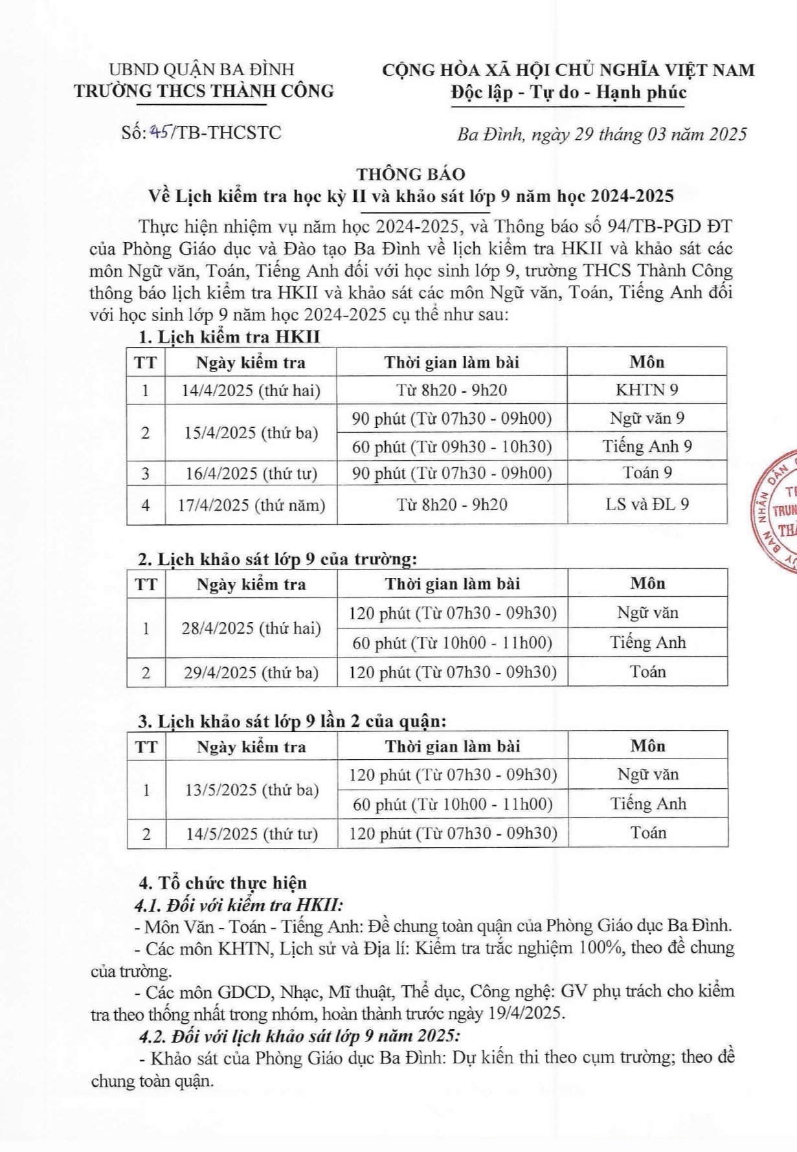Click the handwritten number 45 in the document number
point(158,133)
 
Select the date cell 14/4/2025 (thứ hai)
point(251,390)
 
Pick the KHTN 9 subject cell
point(647,390)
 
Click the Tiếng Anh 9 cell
point(647,447)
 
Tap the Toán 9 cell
point(647,473)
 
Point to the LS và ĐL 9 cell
point(647,504)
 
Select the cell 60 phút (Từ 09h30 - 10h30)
point(452,447)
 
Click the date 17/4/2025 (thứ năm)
point(251,505)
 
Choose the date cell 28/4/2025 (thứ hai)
point(251,628)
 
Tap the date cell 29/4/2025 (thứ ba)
point(251,672)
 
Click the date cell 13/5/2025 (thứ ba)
point(251,790)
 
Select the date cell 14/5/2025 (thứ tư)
point(251,834)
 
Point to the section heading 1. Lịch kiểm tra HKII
point(229,337)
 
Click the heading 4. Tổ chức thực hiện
point(223,883)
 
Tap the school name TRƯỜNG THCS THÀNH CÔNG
point(204,91)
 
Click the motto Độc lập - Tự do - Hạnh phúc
point(568,93)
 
